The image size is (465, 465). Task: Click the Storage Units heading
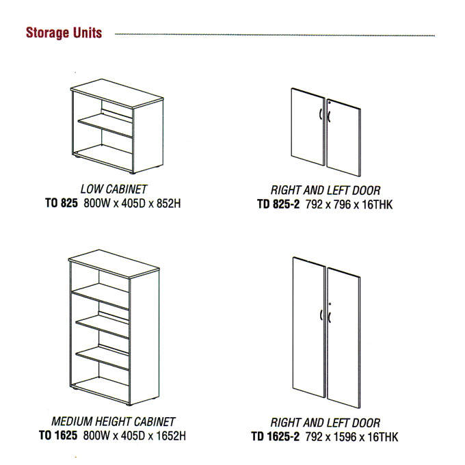click(x=64, y=33)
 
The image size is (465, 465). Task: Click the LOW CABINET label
click(x=114, y=189)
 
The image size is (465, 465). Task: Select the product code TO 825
click(x=62, y=203)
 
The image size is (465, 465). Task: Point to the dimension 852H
click(x=168, y=204)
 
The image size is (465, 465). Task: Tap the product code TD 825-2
click(x=278, y=204)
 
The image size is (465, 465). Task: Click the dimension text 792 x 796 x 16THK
click(x=349, y=204)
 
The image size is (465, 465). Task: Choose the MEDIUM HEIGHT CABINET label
click(x=114, y=421)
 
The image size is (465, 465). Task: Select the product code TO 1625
click(x=58, y=436)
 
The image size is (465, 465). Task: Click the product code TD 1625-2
click(x=275, y=436)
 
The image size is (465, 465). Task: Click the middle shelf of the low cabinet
click(x=105, y=124)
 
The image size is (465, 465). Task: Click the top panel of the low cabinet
click(x=117, y=94)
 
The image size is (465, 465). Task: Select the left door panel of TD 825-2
click(x=308, y=127)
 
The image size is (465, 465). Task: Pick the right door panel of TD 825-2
click(x=344, y=137)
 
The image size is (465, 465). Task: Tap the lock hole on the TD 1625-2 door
click(x=330, y=304)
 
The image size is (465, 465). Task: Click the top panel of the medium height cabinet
click(x=114, y=264)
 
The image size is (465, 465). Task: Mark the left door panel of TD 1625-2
click(x=309, y=327)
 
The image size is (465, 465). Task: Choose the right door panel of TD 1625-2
click(x=344, y=338)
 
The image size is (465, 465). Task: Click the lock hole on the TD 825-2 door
click(x=330, y=103)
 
